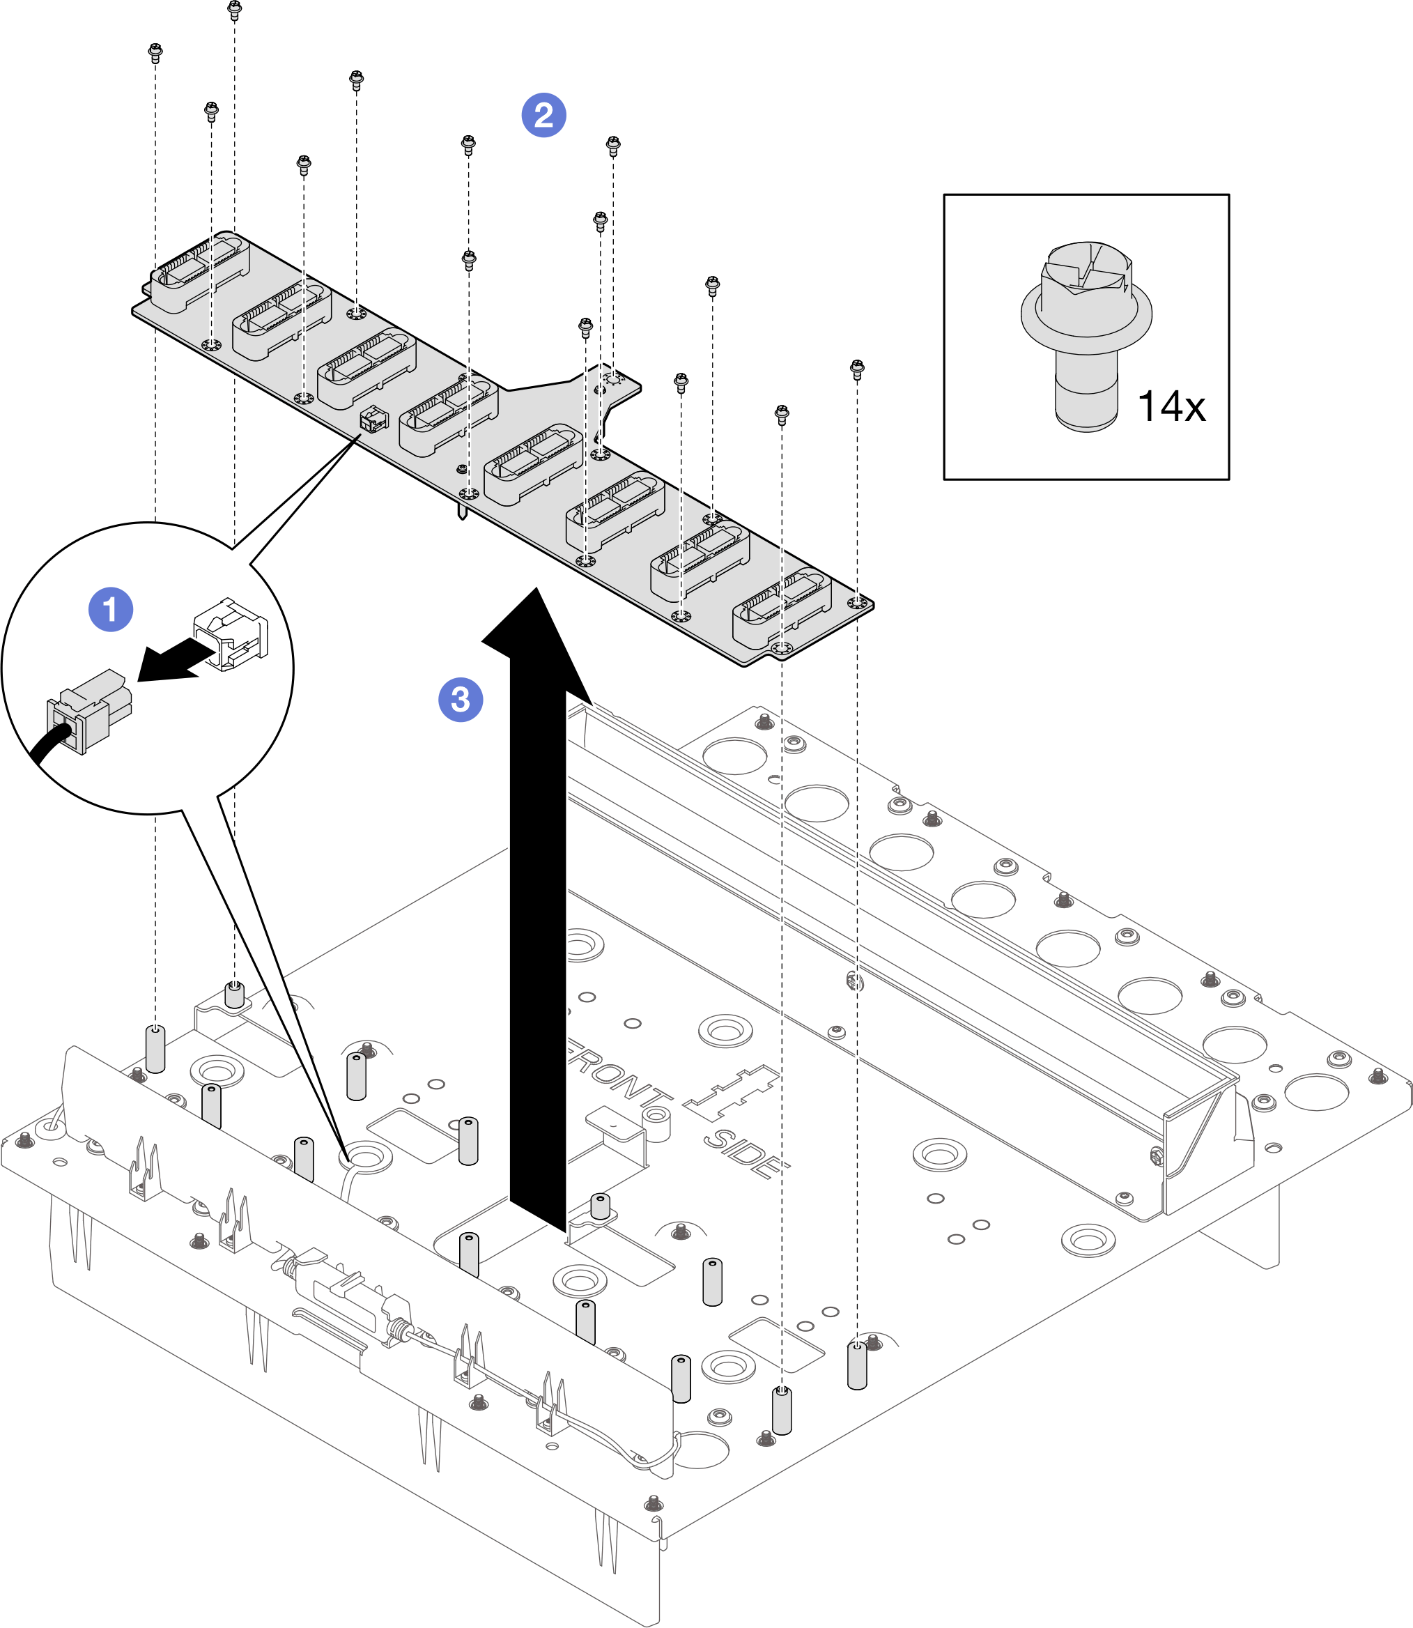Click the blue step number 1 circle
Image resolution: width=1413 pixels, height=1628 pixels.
(x=110, y=609)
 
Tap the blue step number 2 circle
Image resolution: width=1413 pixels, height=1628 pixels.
(x=543, y=115)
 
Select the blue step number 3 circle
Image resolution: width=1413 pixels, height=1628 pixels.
(x=461, y=699)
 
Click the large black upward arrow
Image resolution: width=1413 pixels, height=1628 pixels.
(x=538, y=907)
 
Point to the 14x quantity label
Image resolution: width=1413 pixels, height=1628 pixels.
(x=1171, y=407)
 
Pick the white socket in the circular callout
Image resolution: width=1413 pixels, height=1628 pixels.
(x=231, y=633)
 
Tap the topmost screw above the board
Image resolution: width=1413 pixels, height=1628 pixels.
(x=234, y=10)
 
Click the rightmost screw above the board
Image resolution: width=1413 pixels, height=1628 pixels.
(x=857, y=369)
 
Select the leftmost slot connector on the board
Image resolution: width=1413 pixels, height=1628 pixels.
(x=199, y=270)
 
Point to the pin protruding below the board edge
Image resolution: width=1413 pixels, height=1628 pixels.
(x=461, y=510)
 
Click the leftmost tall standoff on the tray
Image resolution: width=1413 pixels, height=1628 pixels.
(x=155, y=1048)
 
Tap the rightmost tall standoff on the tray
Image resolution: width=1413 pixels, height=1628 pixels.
(x=856, y=1365)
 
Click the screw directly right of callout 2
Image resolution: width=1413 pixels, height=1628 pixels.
(x=612, y=145)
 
